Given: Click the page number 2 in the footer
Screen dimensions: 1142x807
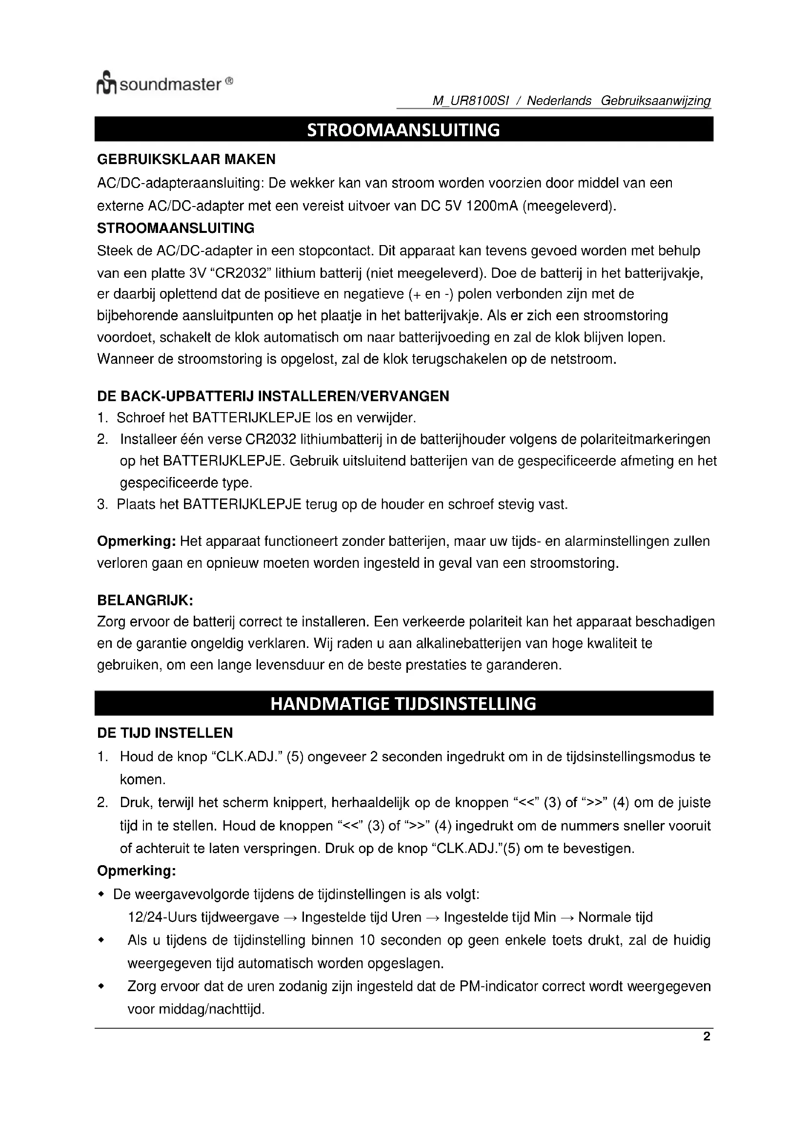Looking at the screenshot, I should (x=706, y=1037).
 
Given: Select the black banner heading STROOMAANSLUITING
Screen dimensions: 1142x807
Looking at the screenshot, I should (x=403, y=130).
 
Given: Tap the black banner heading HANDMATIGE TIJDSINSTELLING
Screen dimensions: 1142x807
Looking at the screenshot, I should (x=403, y=703).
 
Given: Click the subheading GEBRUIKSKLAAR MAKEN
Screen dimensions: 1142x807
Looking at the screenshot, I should (x=186, y=160).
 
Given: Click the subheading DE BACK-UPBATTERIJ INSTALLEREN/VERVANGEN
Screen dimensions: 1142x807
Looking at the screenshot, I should (x=273, y=396).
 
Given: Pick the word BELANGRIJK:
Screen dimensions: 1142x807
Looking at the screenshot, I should (x=144, y=601).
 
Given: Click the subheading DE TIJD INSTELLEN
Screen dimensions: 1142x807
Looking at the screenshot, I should (x=165, y=733).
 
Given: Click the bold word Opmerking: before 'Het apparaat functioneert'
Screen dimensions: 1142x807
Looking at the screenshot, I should (x=136, y=541).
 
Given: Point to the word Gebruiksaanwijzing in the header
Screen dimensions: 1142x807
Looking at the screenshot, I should (x=656, y=101).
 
